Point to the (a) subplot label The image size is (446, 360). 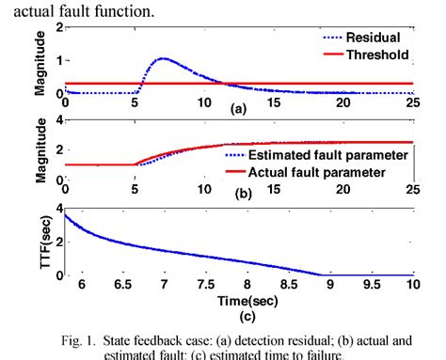243,110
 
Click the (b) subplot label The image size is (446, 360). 243,195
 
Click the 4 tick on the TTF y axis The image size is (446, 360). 33,209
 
